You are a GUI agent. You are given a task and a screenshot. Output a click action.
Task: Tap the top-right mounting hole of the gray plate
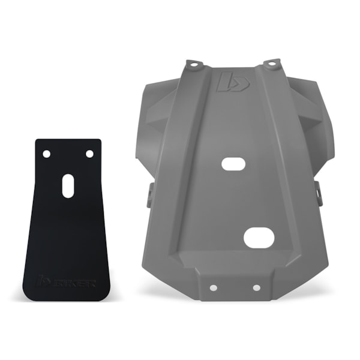(x=271, y=62)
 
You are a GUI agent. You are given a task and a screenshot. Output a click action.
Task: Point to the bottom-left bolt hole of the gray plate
(x=211, y=287)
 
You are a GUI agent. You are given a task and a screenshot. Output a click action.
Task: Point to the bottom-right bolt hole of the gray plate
(x=256, y=287)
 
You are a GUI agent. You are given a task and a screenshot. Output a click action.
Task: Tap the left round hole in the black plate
(x=47, y=154)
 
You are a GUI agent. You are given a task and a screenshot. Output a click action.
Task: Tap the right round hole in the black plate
(x=89, y=154)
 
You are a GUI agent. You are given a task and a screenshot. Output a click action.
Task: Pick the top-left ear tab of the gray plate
(x=193, y=64)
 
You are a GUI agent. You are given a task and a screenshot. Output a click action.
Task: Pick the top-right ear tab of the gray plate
(x=272, y=63)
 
